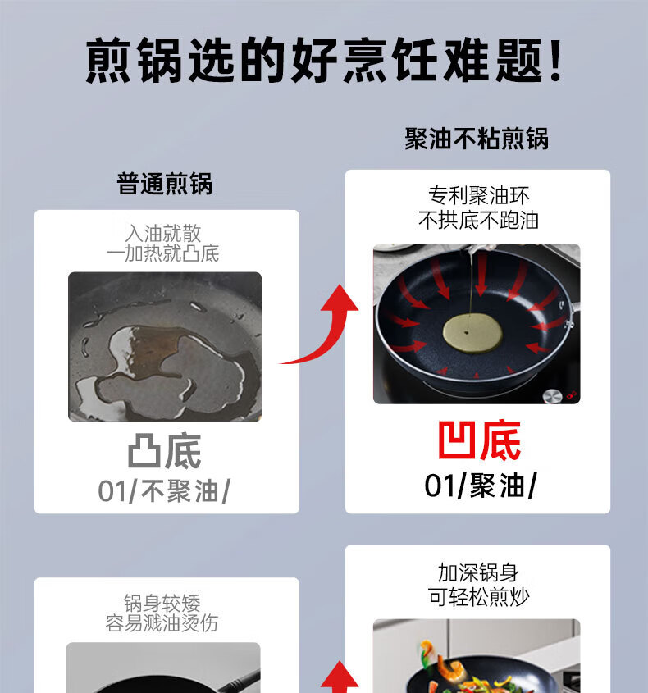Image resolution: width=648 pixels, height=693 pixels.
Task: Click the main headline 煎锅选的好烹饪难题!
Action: tap(324, 60)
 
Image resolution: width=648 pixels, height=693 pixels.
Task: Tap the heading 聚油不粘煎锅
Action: tap(477, 139)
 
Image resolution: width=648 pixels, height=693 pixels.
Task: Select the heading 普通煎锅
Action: tap(164, 184)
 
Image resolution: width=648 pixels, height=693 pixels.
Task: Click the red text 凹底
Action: tap(479, 440)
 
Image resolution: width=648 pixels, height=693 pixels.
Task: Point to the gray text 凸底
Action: tap(164, 451)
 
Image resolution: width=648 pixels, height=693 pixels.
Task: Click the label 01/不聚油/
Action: tap(164, 491)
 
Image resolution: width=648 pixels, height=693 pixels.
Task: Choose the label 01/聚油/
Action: tap(481, 486)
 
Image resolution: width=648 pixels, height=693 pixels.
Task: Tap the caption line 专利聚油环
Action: tap(479, 195)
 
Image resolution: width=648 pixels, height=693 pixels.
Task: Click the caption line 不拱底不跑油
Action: tap(479, 220)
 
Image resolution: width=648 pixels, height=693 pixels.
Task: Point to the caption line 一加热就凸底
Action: tap(162, 253)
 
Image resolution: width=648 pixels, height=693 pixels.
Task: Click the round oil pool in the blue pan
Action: tap(472, 333)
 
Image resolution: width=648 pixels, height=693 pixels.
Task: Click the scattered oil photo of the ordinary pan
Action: tap(165, 346)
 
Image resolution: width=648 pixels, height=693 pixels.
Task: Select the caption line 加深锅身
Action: tap(478, 572)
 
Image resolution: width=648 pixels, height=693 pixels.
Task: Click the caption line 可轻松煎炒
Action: tap(478, 598)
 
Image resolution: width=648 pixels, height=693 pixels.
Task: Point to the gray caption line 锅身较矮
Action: tap(162, 603)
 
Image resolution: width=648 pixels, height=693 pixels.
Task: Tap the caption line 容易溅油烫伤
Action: tap(162, 623)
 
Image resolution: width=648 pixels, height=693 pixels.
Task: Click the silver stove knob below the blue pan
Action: tap(552, 395)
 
